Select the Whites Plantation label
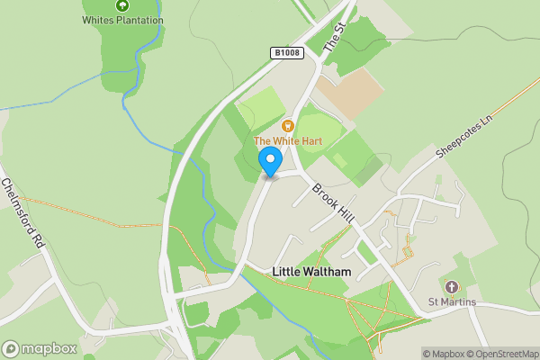click(x=122, y=20)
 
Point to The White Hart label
click(x=288, y=141)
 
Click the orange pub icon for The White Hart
click(x=288, y=126)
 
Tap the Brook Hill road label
click(x=334, y=201)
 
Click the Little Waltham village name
click(x=310, y=271)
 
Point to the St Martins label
click(x=452, y=301)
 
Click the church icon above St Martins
click(x=452, y=286)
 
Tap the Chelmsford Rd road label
click(x=22, y=212)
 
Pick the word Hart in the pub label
click(x=311, y=141)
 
